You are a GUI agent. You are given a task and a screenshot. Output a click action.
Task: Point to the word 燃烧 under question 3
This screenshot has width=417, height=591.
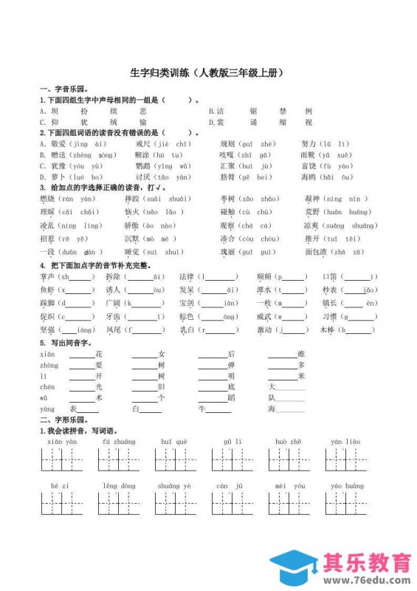(x=46, y=199)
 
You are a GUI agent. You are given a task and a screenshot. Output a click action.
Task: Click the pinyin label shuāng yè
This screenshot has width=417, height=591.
(x=174, y=486)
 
